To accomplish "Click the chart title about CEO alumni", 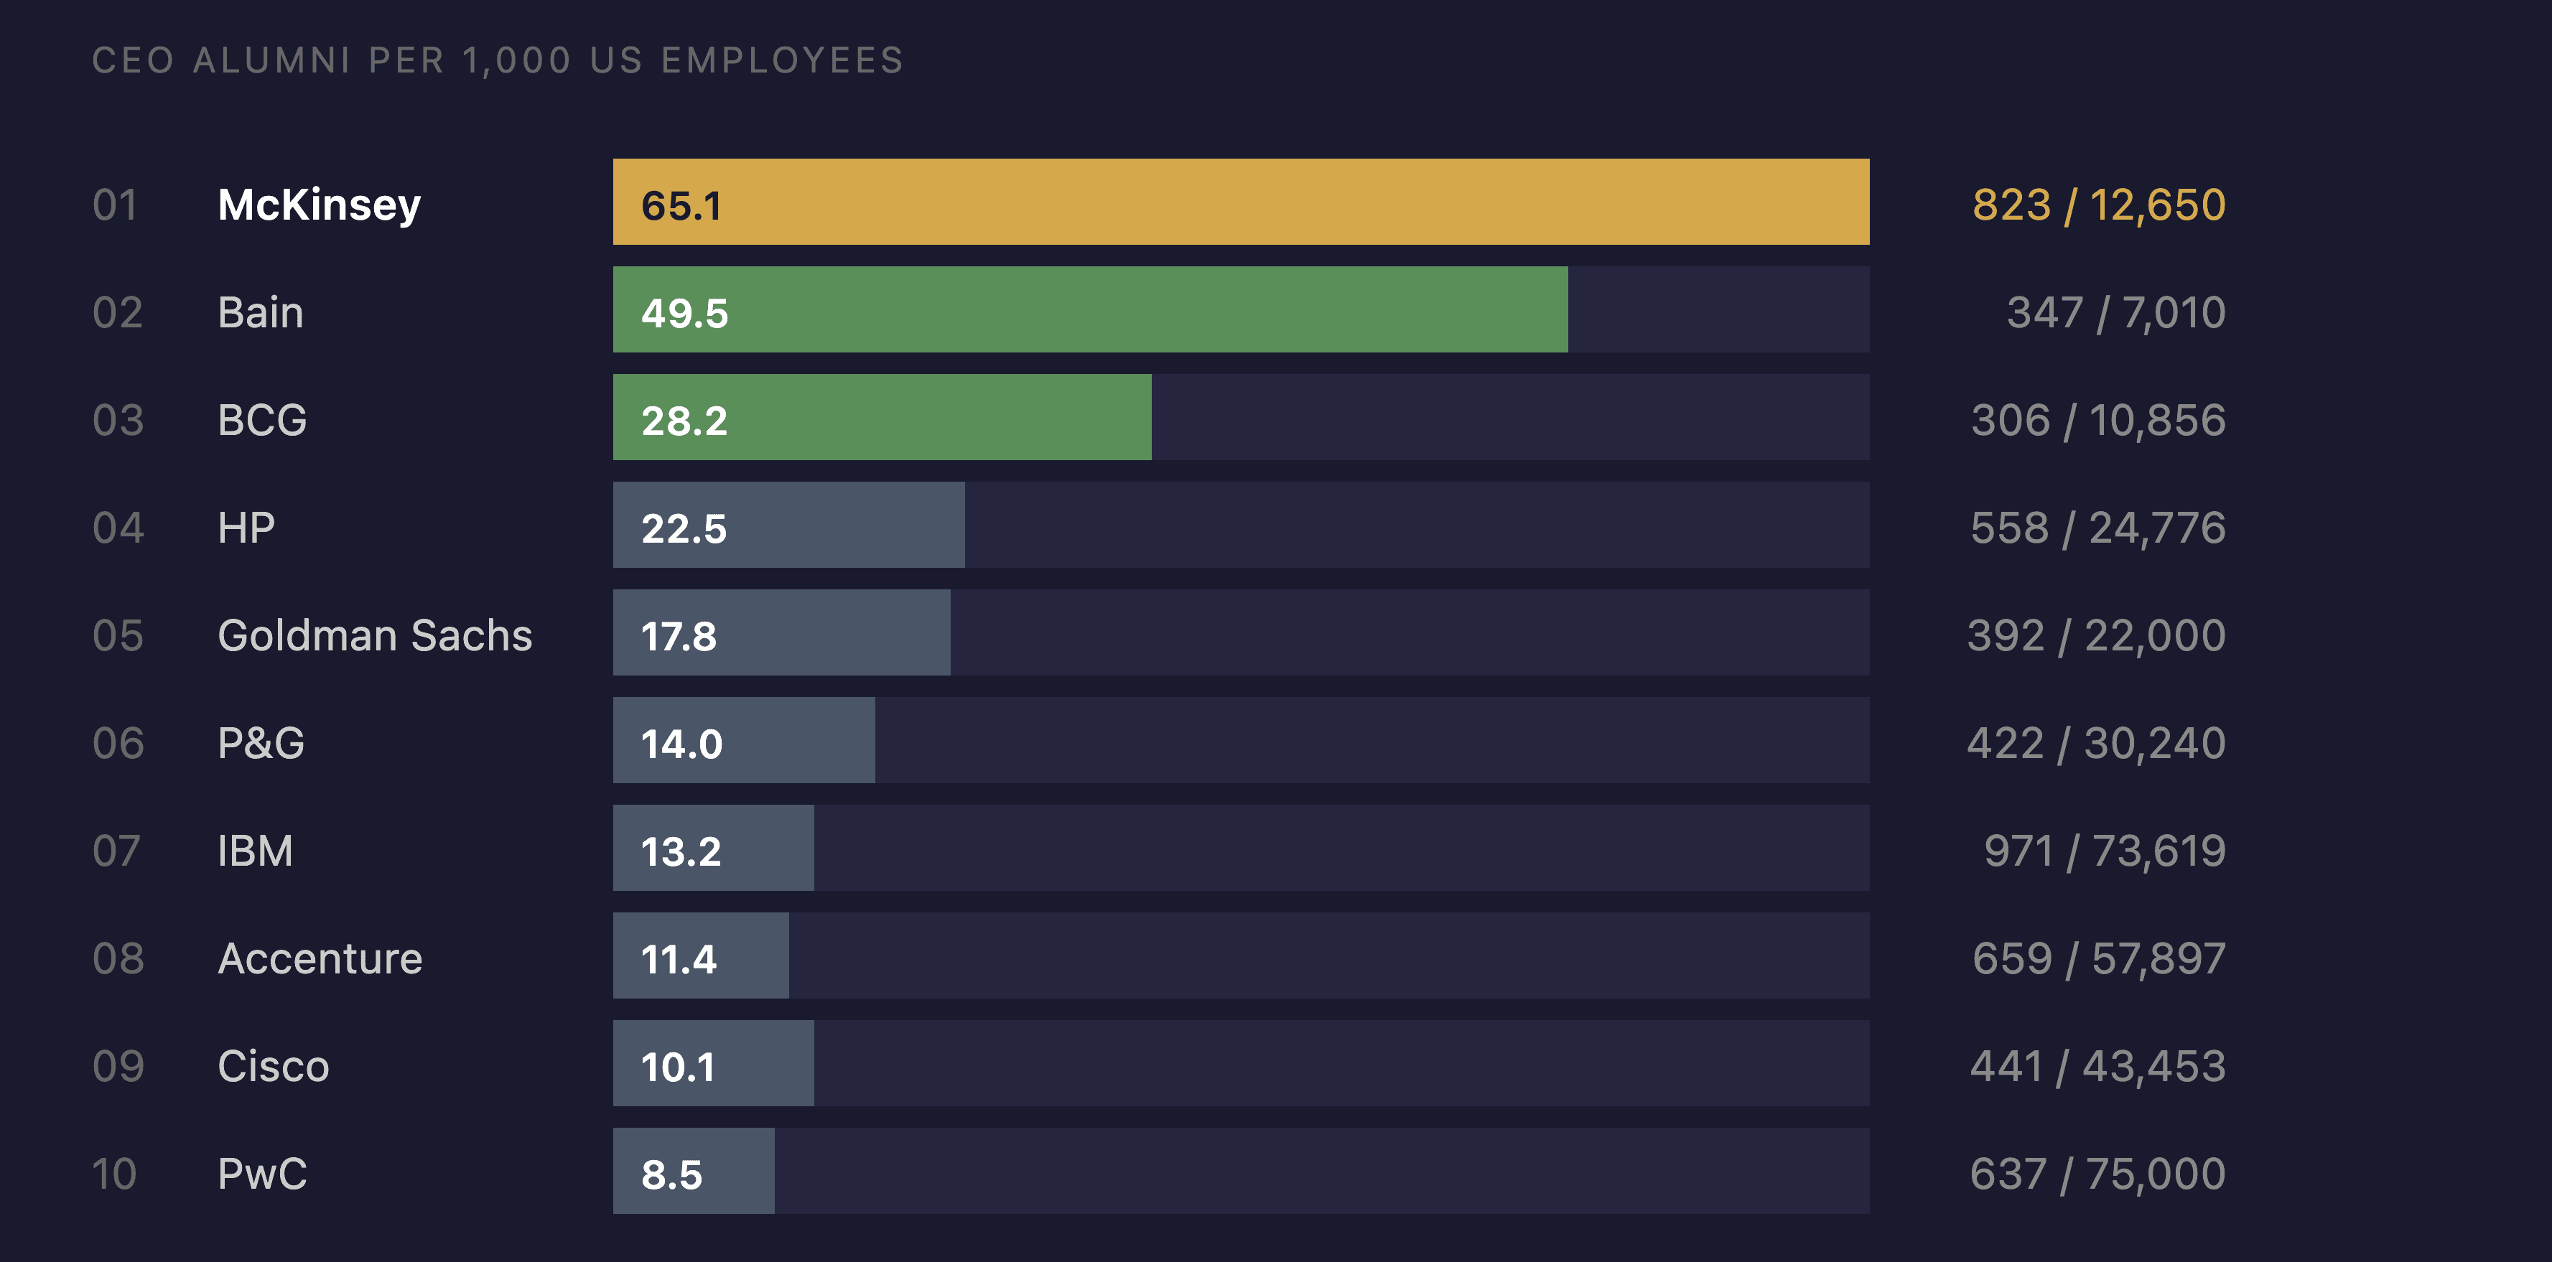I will click(x=498, y=60).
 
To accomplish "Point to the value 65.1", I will click(x=681, y=206).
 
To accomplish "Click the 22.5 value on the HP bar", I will click(x=684, y=528).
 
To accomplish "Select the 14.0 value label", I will click(x=681, y=744).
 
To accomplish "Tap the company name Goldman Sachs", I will click(x=375, y=636).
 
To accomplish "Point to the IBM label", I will click(x=255, y=851).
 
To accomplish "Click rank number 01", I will click(x=115, y=205).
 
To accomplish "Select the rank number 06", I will click(x=118, y=743).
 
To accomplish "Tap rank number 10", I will click(x=115, y=1174).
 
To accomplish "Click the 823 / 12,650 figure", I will click(x=2098, y=205).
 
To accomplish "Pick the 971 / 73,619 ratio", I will click(x=2104, y=851).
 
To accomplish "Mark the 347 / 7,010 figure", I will click(x=2116, y=313).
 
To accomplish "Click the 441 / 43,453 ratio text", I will click(x=2097, y=1067).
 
